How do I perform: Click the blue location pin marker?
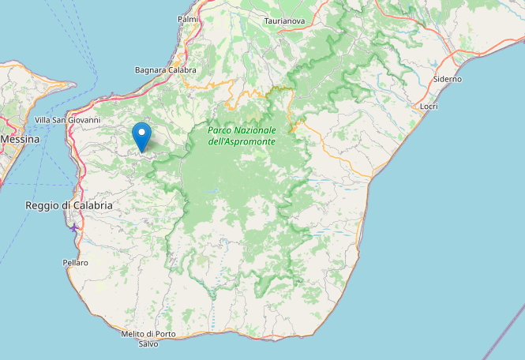click(141, 137)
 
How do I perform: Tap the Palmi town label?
click(188, 18)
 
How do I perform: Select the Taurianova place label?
click(285, 21)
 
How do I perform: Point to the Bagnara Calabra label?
click(165, 70)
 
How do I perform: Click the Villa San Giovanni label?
click(68, 120)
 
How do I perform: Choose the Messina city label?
click(20, 138)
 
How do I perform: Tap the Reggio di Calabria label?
click(69, 205)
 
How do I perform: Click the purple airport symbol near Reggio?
click(73, 227)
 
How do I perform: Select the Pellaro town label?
click(76, 262)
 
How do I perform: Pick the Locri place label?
click(429, 106)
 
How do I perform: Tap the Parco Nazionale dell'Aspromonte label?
click(242, 135)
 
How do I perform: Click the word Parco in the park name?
click(220, 129)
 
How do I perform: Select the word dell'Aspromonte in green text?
click(242, 141)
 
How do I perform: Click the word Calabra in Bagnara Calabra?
click(181, 70)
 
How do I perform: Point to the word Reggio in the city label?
click(43, 205)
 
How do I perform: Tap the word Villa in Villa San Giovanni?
click(44, 120)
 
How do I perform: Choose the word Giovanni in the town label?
click(84, 120)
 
